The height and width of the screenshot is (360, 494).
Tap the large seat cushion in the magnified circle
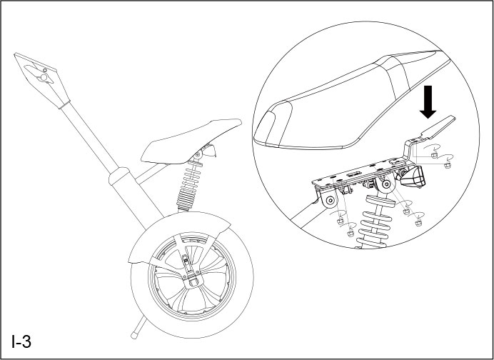point(343,100)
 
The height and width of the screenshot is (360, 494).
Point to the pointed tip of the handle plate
point(19,55)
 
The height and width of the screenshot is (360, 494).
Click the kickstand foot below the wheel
point(134,334)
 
